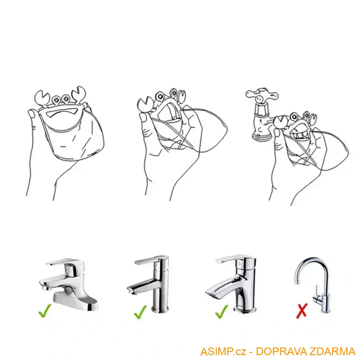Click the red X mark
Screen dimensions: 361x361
pos(302,310)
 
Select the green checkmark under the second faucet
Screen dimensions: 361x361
pos(140,311)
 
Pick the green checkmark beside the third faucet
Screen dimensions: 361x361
pos(221,311)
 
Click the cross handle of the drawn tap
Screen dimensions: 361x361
pos(261,95)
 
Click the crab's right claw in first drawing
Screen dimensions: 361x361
pos(80,93)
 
